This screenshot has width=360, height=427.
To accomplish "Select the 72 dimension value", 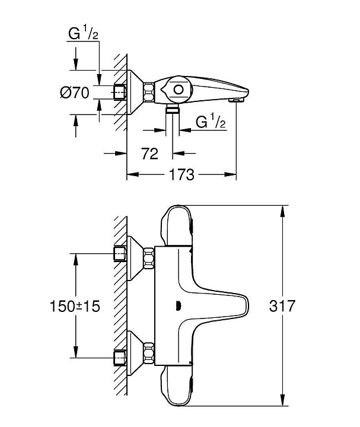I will pyautogui.click(x=150, y=154).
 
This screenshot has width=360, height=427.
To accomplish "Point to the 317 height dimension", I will pyautogui.click(x=283, y=307).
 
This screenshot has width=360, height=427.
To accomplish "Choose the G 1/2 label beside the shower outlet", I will pyautogui.click(x=211, y=123).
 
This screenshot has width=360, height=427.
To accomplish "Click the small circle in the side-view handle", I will pyautogui.click(x=178, y=90).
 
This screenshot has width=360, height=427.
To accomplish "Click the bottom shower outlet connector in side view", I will pyautogui.click(x=172, y=110).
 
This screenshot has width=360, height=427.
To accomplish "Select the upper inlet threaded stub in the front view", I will pyautogui.click(x=120, y=254).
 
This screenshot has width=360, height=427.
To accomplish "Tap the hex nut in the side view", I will pyautogui.click(x=149, y=92).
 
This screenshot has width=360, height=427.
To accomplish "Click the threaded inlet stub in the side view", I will pyautogui.click(x=120, y=92).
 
